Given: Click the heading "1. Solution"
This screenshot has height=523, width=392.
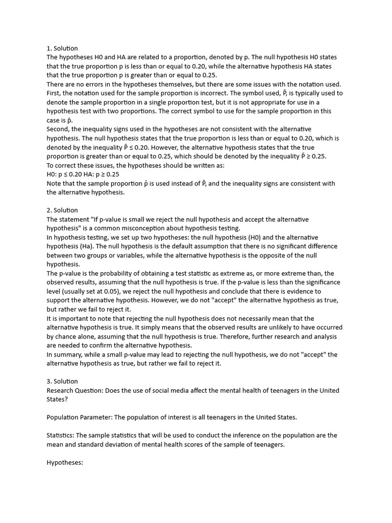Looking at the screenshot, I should point(62,48).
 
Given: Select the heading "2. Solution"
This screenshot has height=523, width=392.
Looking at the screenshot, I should point(62,210).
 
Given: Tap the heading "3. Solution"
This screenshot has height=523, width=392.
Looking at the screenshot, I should point(62,381).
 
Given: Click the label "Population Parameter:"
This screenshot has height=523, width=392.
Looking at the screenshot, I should point(79,417).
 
